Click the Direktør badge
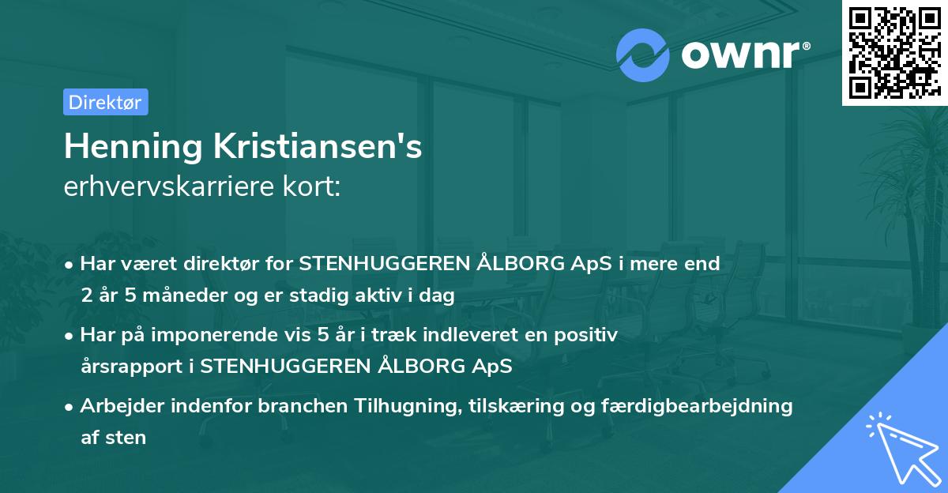(x=105, y=102)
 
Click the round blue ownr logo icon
(x=643, y=55)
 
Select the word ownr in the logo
(x=743, y=55)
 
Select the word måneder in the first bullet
(x=173, y=295)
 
